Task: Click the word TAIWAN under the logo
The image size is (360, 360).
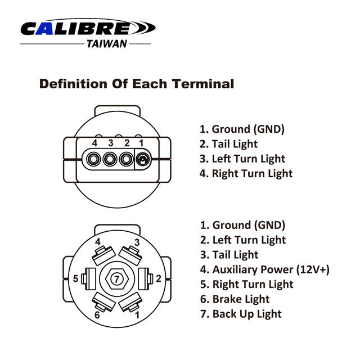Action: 107,44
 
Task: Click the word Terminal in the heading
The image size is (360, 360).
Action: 203,84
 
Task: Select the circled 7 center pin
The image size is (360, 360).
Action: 116,279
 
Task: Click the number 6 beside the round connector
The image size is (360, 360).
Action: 97,315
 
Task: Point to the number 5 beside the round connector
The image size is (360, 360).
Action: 75,278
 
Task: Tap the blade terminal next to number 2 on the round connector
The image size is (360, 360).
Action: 146,279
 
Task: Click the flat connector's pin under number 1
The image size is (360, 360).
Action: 142,159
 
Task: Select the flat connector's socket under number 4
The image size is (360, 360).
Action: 93,159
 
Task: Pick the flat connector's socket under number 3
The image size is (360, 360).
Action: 110,159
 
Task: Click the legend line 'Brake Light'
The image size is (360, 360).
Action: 235,299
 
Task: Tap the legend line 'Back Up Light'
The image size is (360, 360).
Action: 241,314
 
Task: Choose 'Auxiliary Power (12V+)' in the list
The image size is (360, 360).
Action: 265,269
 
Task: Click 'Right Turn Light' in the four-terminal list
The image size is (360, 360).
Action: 246,174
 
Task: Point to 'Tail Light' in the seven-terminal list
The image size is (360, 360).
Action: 229,255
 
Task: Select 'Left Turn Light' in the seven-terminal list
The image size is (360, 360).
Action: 243,240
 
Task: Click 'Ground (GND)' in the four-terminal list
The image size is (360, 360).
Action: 242,129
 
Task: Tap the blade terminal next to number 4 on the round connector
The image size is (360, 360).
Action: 103,255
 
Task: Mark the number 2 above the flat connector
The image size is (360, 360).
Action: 127,143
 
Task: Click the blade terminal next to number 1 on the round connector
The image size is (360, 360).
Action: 130,302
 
